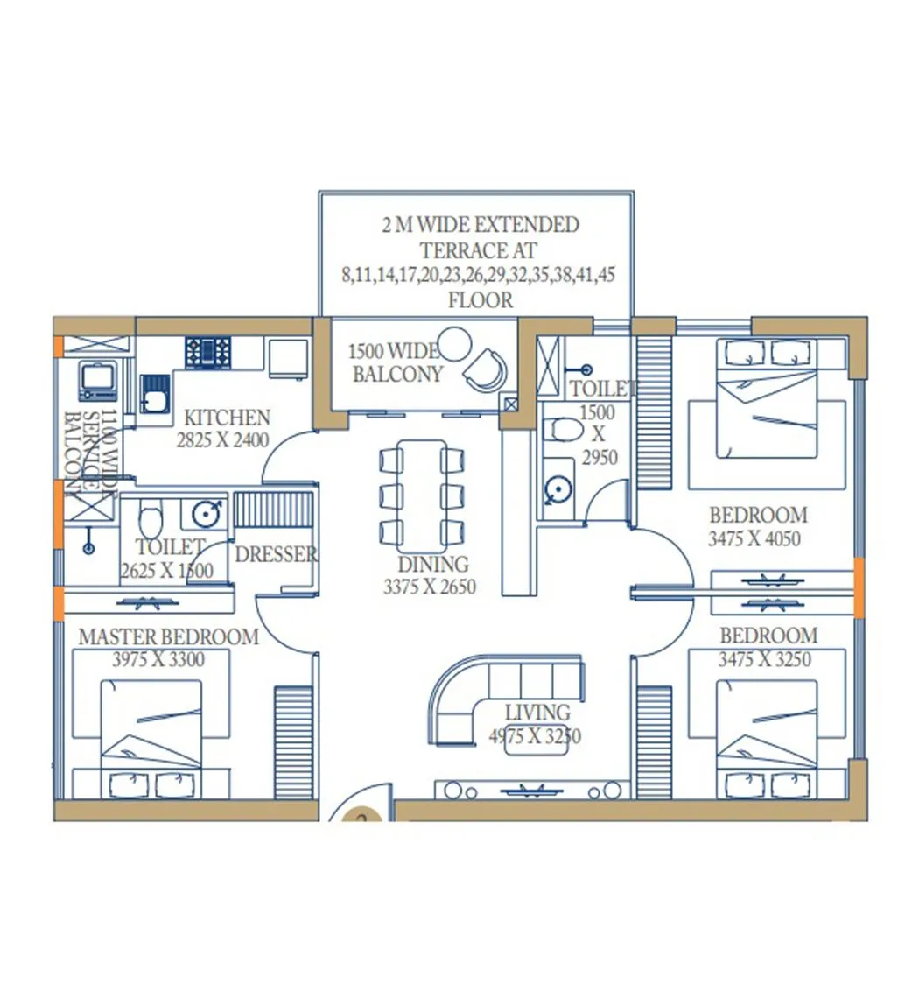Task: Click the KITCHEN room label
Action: coord(227,418)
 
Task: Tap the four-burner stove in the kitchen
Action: coord(207,353)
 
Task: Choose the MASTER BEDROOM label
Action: coord(168,636)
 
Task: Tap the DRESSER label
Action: coord(276,554)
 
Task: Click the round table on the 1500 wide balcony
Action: coord(454,343)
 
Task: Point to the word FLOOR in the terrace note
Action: coord(480,300)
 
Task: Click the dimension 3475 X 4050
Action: coord(754,539)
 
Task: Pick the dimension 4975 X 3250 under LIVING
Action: coord(534,736)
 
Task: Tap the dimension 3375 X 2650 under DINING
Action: coord(429,587)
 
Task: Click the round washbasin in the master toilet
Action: coord(207,513)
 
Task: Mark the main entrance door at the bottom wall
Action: coord(361,811)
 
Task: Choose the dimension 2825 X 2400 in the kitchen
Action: coord(222,440)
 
